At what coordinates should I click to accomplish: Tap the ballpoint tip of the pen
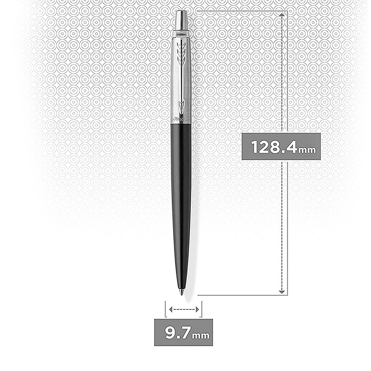[182, 293]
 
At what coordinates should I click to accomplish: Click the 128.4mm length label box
[281, 147]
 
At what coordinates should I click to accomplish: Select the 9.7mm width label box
[183, 332]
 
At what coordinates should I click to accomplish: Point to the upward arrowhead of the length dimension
[282, 15]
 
